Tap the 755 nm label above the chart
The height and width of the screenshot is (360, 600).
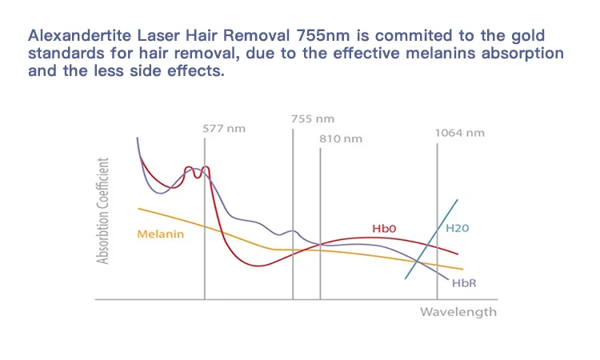[311, 118]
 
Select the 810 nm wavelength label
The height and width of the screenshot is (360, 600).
[341, 139]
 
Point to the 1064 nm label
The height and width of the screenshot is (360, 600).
[459, 133]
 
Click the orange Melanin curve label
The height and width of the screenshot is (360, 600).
[160, 234]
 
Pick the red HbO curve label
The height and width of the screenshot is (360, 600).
[384, 229]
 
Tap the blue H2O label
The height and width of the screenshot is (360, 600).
[457, 229]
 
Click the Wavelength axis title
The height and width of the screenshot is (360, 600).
[458, 311]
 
